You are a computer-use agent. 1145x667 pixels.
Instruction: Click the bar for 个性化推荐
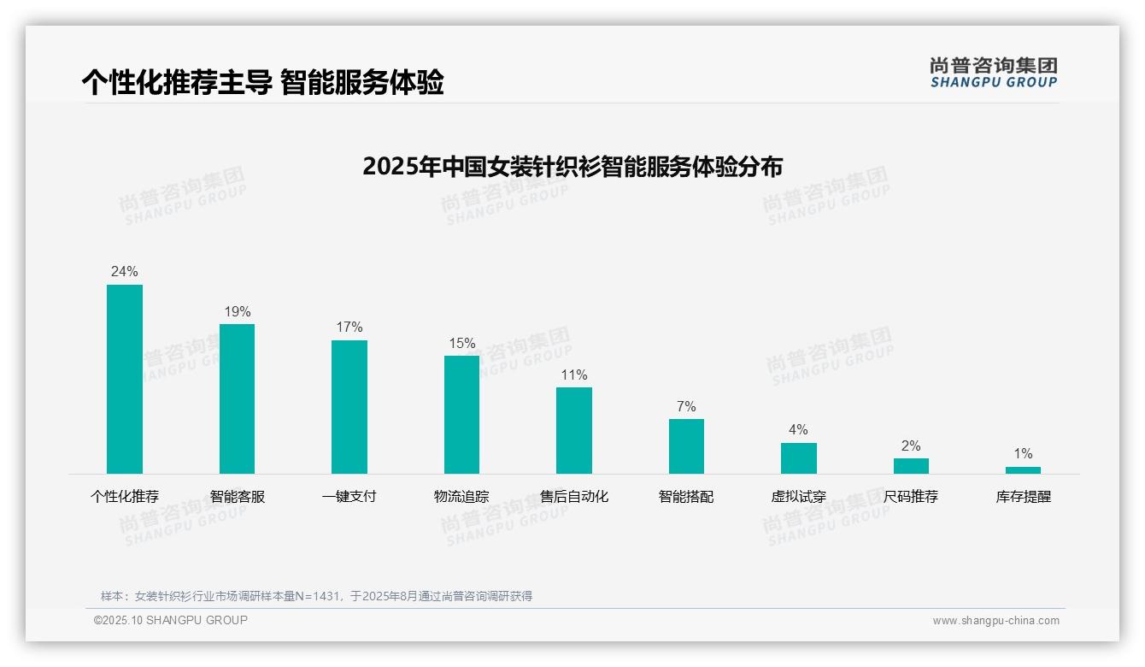click(x=125, y=379)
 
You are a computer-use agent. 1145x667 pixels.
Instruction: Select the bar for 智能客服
click(x=237, y=398)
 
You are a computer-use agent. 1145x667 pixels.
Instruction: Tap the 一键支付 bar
click(x=349, y=407)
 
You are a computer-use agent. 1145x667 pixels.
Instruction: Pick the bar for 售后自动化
click(x=574, y=430)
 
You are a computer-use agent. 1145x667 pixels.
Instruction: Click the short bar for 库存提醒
click(x=1023, y=469)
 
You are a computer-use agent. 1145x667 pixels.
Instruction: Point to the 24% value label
click(x=125, y=272)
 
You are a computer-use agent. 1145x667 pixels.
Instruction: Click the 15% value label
click(x=462, y=343)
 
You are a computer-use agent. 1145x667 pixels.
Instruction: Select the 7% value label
click(x=686, y=406)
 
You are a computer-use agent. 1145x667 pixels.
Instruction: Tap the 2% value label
click(x=911, y=446)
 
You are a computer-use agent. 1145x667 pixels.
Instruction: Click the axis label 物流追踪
click(x=461, y=496)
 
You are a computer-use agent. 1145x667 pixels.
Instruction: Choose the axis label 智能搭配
click(x=686, y=496)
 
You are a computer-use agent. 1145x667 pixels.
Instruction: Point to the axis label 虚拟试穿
click(x=798, y=496)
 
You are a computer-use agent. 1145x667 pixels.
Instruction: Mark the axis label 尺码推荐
click(x=911, y=496)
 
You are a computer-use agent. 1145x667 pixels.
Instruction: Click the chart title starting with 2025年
click(x=572, y=166)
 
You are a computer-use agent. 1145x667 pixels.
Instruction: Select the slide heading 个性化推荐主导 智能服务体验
click(x=263, y=82)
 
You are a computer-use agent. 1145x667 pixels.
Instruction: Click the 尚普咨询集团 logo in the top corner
click(x=994, y=72)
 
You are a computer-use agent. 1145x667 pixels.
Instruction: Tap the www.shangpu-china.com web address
click(x=995, y=621)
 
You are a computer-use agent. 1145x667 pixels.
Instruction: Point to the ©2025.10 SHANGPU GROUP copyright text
click(x=171, y=620)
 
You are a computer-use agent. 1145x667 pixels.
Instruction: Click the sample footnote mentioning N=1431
click(x=316, y=596)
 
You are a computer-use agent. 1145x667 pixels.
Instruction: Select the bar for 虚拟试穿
click(x=799, y=457)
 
